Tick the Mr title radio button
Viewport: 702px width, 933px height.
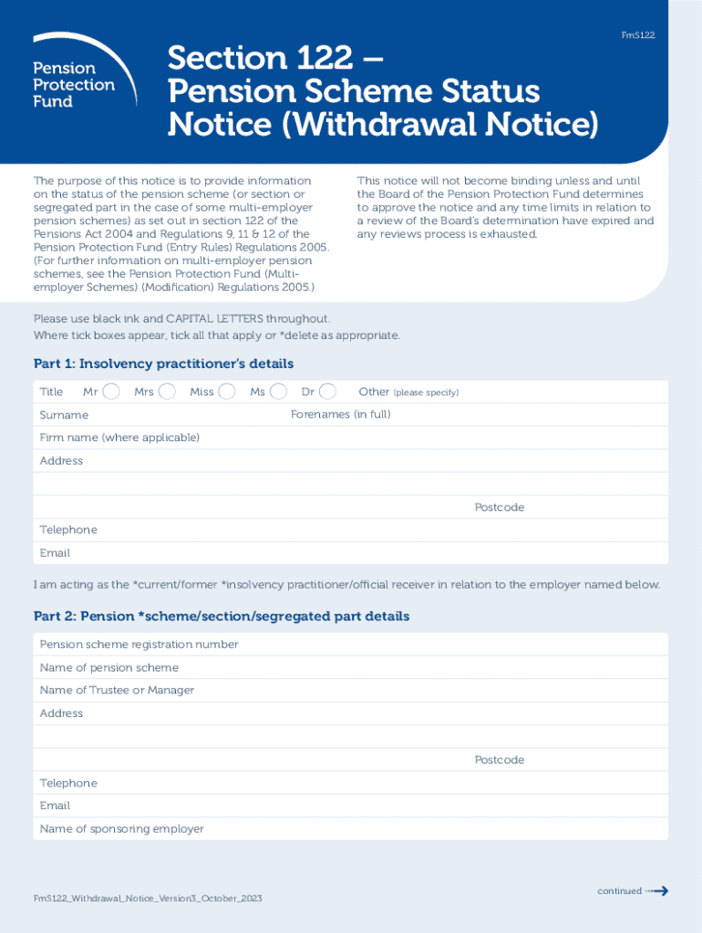pyautogui.click(x=111, y=392)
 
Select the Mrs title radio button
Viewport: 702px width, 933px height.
pyautogui.click(x=167, y=392)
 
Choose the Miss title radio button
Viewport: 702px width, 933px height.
pyautogui.click(x=227, y=392)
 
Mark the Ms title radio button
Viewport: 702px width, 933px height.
pyautogui.click(x=279, y=392)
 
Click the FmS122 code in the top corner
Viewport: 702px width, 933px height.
pyautogui.click(x=638, y=36)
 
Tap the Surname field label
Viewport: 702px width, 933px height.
pyautogui.click(x=64, y=415)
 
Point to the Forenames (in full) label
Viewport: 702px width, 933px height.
pyautogui.click(x=340, y=415)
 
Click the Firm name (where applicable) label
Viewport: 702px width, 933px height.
pyautogui.click(x=119, y=438)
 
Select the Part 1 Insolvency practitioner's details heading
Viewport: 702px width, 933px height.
pyautogui.click(x=163, y=364)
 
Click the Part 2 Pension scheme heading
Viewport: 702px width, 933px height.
pyautogui.click(x=222, y=617)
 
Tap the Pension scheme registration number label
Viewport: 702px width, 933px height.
pyautogui.click(x=139, y=645)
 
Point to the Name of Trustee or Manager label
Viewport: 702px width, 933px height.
pyautogui.click(x=117, y=691)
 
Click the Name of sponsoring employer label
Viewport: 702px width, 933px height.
pyautogui.click(x=121, y=829)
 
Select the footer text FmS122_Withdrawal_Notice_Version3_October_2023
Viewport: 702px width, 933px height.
pyautogui.click(x=148, y=899)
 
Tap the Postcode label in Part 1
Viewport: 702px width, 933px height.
pyautogui.click(x=499, y=508)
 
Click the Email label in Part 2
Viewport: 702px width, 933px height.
pyautogui.click(x=55, y=805)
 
